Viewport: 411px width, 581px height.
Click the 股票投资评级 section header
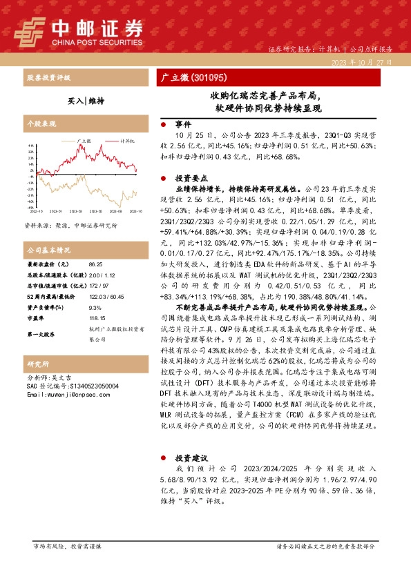pos(48,78)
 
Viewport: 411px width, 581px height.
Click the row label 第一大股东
pos(41,334)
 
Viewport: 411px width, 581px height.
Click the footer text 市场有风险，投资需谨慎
pos(67,546)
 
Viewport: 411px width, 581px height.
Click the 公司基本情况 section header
pos(48,248)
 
